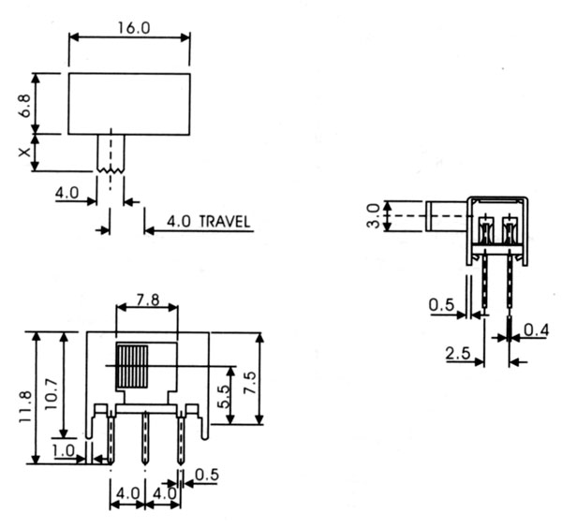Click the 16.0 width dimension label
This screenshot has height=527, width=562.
click(134, 28)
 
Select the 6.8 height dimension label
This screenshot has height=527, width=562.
click(25, 106)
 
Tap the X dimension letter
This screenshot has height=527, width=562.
click(24, 153)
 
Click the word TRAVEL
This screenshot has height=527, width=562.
click(225, 222)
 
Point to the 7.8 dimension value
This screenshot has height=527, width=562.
click(148, 300)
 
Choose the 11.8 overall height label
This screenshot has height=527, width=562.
click(26, 406)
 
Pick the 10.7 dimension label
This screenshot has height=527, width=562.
click(52, 394)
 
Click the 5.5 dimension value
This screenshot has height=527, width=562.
click(223, 397)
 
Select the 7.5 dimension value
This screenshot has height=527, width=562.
click(250, 383)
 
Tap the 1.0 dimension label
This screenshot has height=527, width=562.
click(64, 451)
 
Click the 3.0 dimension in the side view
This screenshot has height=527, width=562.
click(373, 216)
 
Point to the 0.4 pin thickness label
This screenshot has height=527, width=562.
click(536, 330)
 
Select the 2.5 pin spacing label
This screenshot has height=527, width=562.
click(458, 354)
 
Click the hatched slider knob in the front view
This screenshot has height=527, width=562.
click(131, 367)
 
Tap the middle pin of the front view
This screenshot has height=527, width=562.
click(145, 438)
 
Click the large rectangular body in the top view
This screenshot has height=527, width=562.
click(129, 104)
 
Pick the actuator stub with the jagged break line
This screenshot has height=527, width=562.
click(111, 153)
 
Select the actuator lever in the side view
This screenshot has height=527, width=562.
click(447, 216)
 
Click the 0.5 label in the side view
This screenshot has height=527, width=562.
click(441, 305)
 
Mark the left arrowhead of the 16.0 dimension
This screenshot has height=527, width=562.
click(73, 37)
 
